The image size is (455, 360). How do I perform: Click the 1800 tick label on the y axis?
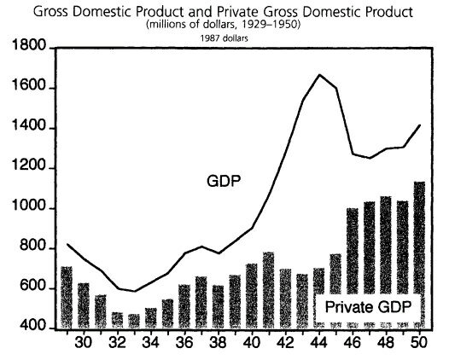tap(28, 48)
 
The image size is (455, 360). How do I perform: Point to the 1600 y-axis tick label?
tap(28, 88)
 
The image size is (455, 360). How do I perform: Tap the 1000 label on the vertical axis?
tap(28, 209)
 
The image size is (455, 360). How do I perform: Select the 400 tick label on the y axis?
tap(32, 327)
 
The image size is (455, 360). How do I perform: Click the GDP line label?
tap(223, 181)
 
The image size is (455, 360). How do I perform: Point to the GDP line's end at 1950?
tap(419, 125)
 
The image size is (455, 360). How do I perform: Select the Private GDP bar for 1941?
tap(268, 290)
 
